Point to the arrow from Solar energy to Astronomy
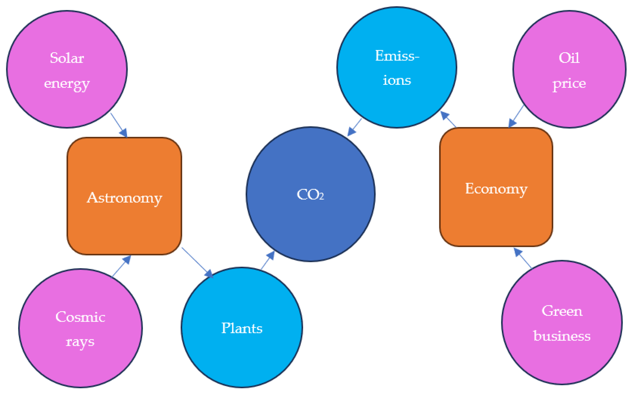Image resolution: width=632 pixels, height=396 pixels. point(119,125)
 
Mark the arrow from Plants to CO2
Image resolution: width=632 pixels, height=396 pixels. point(268,260)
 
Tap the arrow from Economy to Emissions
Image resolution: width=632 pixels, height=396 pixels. point(448,119)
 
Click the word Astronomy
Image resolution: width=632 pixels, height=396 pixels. point(124,198)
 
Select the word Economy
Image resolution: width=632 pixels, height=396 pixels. point(496,189)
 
